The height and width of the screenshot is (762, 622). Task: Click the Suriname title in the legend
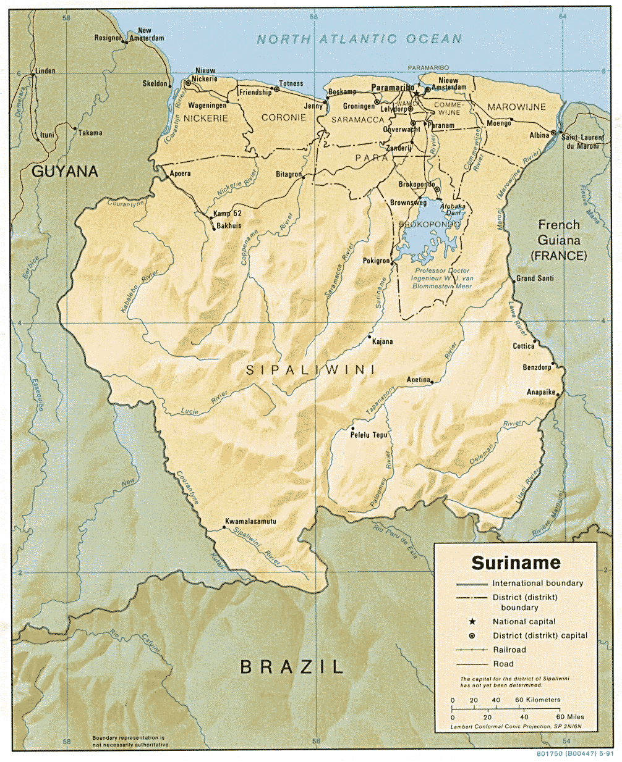[516, 563]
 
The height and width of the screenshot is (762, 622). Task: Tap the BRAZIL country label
[291, 667]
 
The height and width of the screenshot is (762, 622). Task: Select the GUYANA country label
[65, 171]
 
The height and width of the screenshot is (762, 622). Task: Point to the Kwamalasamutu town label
[250, 521]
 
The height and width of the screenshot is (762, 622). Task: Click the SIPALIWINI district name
[311, 370]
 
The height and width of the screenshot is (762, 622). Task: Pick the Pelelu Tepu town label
[369, 435]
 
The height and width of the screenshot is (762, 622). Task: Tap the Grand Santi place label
[535, 278]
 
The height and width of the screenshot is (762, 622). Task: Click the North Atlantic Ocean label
[359, 40]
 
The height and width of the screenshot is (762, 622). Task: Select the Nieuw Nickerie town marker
[188, 83]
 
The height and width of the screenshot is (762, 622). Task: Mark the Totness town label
[291, 83]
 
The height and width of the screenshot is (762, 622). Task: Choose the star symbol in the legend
[472, 621]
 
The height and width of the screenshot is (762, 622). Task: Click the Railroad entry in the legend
[509, 650]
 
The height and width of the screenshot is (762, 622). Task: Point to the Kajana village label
[382, 341]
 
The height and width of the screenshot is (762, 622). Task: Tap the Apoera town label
[180, 174]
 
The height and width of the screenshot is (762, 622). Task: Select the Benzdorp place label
[537, 367]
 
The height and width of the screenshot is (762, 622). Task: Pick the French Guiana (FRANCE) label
[558, 240]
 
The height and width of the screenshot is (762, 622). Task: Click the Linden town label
[45, 71]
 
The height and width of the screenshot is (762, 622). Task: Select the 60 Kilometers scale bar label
[537, 700]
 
